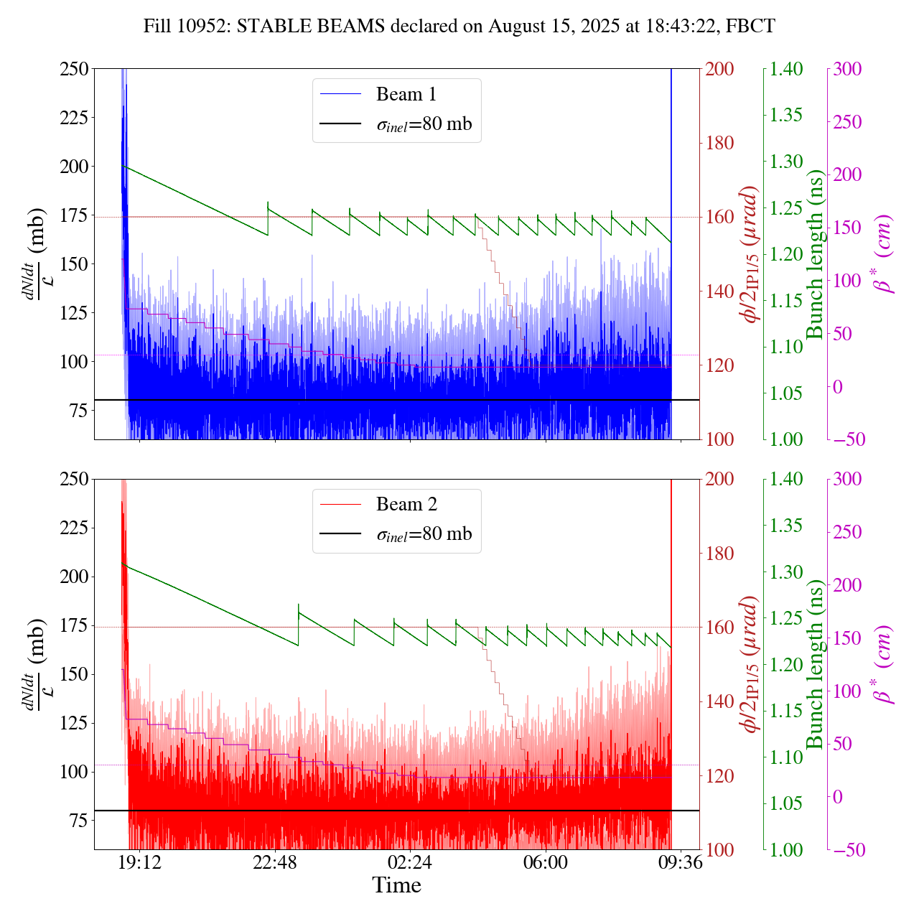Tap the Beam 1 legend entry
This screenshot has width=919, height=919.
coord(406,95)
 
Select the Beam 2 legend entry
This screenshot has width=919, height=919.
coord(406,505)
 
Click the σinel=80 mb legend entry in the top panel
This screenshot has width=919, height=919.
coord(424,124)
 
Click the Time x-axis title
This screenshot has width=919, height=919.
coord(396,885)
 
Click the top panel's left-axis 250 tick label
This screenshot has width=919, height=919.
coord(74,69)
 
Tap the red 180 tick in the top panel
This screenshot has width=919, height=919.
coord(720,143)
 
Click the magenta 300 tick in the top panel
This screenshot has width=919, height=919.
coord(847,69)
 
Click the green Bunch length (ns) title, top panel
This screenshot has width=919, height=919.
coord(815,254)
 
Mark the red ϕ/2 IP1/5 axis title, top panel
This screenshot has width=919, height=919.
coord(751,254)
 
